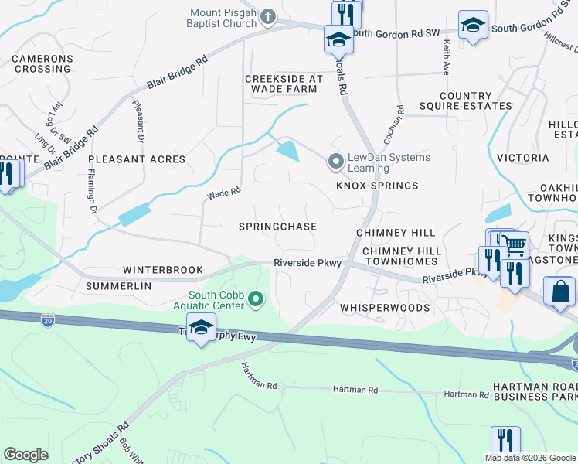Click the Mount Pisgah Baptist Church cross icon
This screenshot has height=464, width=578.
tap(268, 17)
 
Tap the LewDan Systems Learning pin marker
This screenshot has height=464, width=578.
tap(335, 162)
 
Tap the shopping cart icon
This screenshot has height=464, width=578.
tap(515, 245)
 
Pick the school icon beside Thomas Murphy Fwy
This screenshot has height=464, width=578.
tap(201, 327)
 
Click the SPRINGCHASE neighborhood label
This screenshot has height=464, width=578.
tap(277, 227)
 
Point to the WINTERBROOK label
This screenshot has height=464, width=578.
tap(162, 271)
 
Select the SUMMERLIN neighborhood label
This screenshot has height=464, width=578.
tap(118, 286)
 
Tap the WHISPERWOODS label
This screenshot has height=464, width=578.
tap(385, 308)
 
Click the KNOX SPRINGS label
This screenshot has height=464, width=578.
tap(377, 186)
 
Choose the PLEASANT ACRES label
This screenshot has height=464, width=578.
tap(137, 159)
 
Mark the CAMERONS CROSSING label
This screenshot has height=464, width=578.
tap(42, 64)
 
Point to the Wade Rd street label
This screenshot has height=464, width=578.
tap(223, 193)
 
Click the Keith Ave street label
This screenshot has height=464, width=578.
tap(446, 58)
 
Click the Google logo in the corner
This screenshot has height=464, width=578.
tap(26, 455)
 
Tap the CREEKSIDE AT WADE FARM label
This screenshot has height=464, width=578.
tap(284, 84)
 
